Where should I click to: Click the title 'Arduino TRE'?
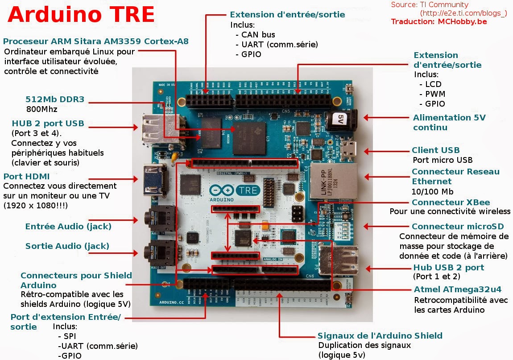(81, 15)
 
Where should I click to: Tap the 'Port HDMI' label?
(26, 176)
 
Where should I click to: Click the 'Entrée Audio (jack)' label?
(68, 227)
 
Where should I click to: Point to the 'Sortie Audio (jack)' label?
(67, 246)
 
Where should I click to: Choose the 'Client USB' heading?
(435, 150)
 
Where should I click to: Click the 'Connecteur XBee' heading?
(451, 203)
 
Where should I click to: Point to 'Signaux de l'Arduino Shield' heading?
(380, 336)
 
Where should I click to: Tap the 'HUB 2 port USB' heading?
(48, 124)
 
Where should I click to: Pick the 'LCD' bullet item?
(433, 84)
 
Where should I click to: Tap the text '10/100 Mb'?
(432, 192)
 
